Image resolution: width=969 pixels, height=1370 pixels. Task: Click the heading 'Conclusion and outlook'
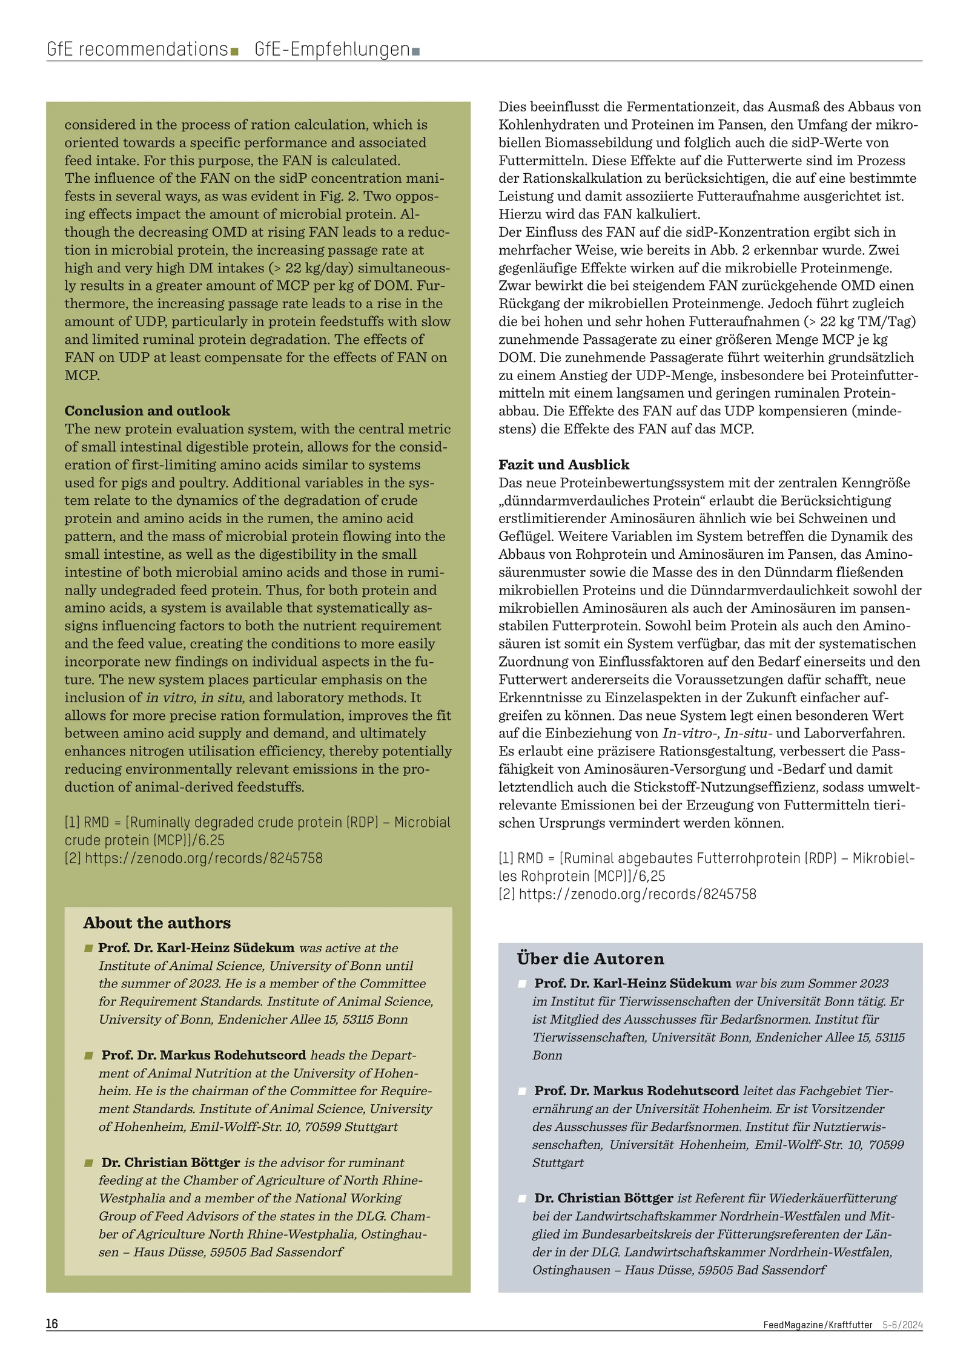(147, 410)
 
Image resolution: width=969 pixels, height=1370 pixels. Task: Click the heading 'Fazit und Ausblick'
(564, 464)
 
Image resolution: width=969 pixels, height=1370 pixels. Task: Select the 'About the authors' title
(157, 923)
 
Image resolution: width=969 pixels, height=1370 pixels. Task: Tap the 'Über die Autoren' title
(590, 958)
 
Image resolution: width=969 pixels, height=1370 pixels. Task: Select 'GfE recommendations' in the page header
(137, 49)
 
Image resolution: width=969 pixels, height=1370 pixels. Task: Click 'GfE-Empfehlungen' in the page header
(332, 49)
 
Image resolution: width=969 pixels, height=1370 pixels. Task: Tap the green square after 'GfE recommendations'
(234, 51)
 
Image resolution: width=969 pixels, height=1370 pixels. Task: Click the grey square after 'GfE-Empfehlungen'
(415, 51)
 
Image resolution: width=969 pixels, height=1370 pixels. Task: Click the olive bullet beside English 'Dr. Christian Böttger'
(89, 1163)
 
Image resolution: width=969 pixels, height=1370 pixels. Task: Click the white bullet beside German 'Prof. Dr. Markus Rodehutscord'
(522, 1091)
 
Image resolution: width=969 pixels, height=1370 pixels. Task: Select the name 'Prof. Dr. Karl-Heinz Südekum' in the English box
(196, 947)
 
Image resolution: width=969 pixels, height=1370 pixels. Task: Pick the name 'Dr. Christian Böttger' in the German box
(603, 1197)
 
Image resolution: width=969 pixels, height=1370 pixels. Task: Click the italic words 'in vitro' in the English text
(170, 697)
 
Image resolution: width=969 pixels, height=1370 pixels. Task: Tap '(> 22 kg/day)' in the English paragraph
(315, 268)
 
